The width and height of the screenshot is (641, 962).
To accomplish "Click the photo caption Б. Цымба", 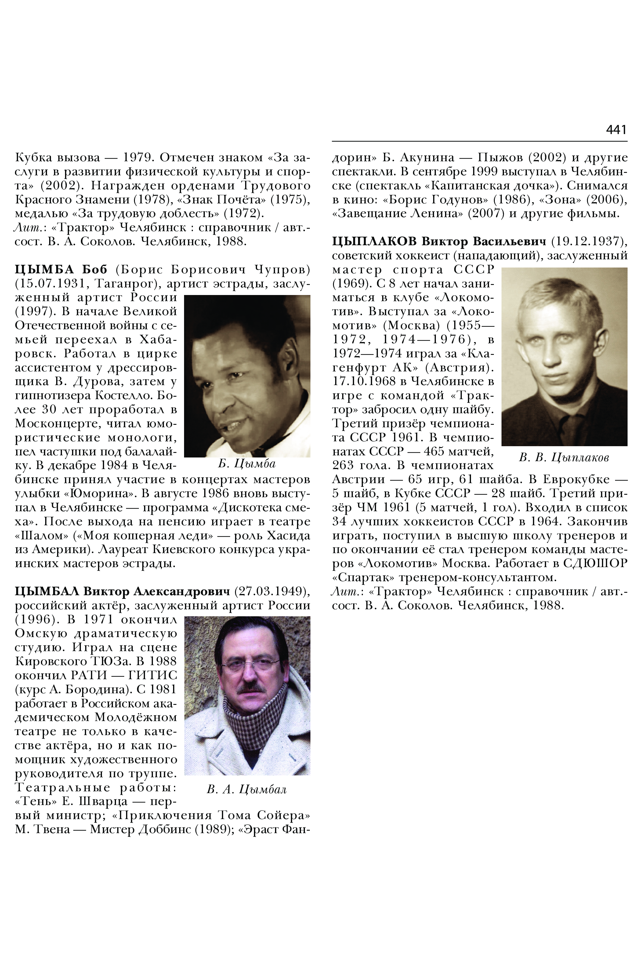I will coord(247,463).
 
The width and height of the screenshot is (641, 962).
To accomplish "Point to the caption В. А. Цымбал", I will coord(247,789).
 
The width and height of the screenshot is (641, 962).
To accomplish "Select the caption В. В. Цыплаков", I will coord(564,457).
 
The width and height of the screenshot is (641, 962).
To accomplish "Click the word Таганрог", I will coord(130,283).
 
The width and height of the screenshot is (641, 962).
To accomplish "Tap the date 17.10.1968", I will coord(364,381).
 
